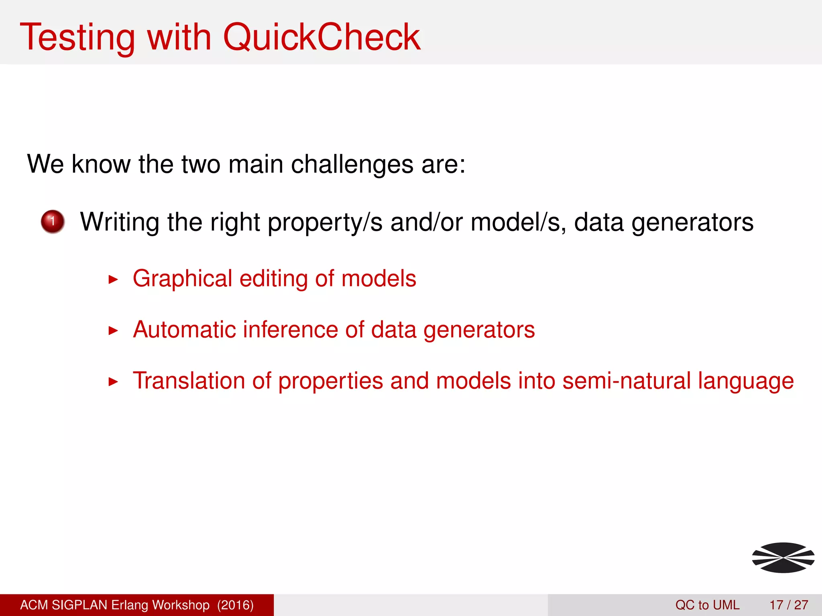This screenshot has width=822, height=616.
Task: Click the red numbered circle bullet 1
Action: click(x=53, y=221)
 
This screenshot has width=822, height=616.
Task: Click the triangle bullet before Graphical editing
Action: click(x=113, y=280)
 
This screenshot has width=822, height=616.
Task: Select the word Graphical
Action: click(x=182, y=279)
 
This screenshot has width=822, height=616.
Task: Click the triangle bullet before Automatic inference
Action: click(x=113, y=331)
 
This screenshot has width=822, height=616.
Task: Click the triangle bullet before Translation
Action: click(x=113, y=382)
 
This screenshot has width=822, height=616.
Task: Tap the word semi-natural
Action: click(x=626, y=381)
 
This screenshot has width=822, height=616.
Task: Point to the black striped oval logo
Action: click(x=783, y=557)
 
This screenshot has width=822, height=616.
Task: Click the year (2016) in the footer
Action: click(x=236, y=605)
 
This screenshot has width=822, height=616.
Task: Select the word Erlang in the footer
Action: click(x=129, y=605)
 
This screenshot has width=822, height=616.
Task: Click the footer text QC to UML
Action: click(x=707, y=605)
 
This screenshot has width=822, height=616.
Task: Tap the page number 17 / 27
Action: click(x=789, y=605)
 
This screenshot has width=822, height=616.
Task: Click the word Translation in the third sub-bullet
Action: click(x=189, y=381)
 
